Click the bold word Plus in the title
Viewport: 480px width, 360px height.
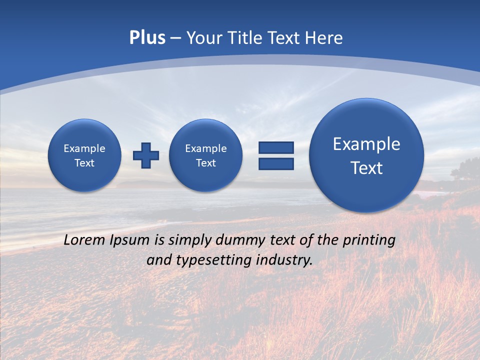[x=147, y=38]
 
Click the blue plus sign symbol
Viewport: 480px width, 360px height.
[x=146, y=155]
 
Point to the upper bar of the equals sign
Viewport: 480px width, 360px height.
[x=276, y=147]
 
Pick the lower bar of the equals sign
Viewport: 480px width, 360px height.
[x=276, y=163]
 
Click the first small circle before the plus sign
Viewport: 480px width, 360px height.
[x=84, y=155]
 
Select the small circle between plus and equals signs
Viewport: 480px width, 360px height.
[x=206, y=155]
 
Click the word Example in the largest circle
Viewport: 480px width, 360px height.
[x=366, y=144]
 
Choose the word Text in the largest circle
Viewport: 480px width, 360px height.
[x=366, y=168]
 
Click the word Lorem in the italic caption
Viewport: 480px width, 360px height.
[x=85, y=240]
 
